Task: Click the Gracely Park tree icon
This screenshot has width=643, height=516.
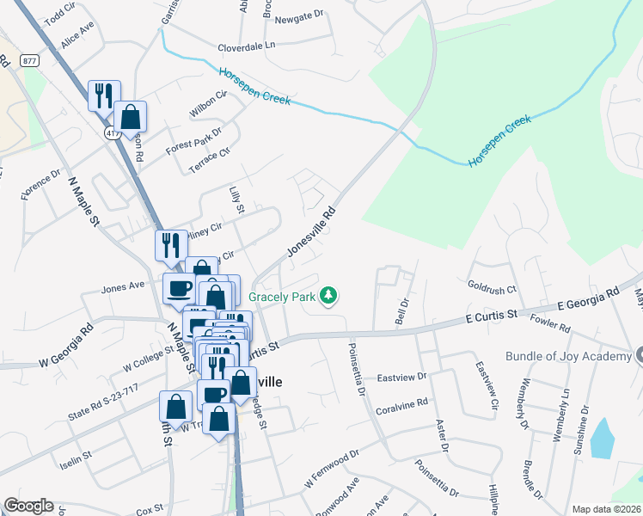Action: point(327,297)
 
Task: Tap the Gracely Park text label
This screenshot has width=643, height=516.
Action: point(281,298)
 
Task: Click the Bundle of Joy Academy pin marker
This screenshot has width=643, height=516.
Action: point(637,355)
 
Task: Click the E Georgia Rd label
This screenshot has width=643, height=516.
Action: point(588,299)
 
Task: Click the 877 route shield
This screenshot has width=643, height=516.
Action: point(31,59)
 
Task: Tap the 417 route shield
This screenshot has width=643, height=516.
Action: point(113,133)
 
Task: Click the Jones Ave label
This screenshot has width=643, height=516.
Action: point(124,288)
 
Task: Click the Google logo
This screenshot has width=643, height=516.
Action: point(28,506)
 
